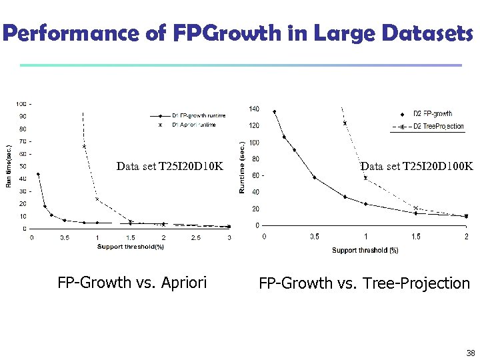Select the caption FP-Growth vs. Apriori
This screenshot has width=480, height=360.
132,283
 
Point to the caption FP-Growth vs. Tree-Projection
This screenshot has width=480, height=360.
364,283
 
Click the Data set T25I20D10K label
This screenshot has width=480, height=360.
169,166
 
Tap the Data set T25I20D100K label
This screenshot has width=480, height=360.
417,166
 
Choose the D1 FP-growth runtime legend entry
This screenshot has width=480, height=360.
199,115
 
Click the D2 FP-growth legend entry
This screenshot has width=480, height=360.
433,113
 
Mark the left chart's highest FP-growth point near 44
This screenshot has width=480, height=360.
38,175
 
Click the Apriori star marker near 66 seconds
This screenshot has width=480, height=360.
85,146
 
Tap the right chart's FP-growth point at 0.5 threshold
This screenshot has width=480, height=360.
315,177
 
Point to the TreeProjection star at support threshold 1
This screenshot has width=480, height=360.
365,178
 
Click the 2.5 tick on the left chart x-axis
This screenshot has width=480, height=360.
196,237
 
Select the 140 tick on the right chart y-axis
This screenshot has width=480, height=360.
254,109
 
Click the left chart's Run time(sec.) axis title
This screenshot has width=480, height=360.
9,166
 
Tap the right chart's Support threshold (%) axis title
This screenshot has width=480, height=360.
365,251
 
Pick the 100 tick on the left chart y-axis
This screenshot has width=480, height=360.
21,104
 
